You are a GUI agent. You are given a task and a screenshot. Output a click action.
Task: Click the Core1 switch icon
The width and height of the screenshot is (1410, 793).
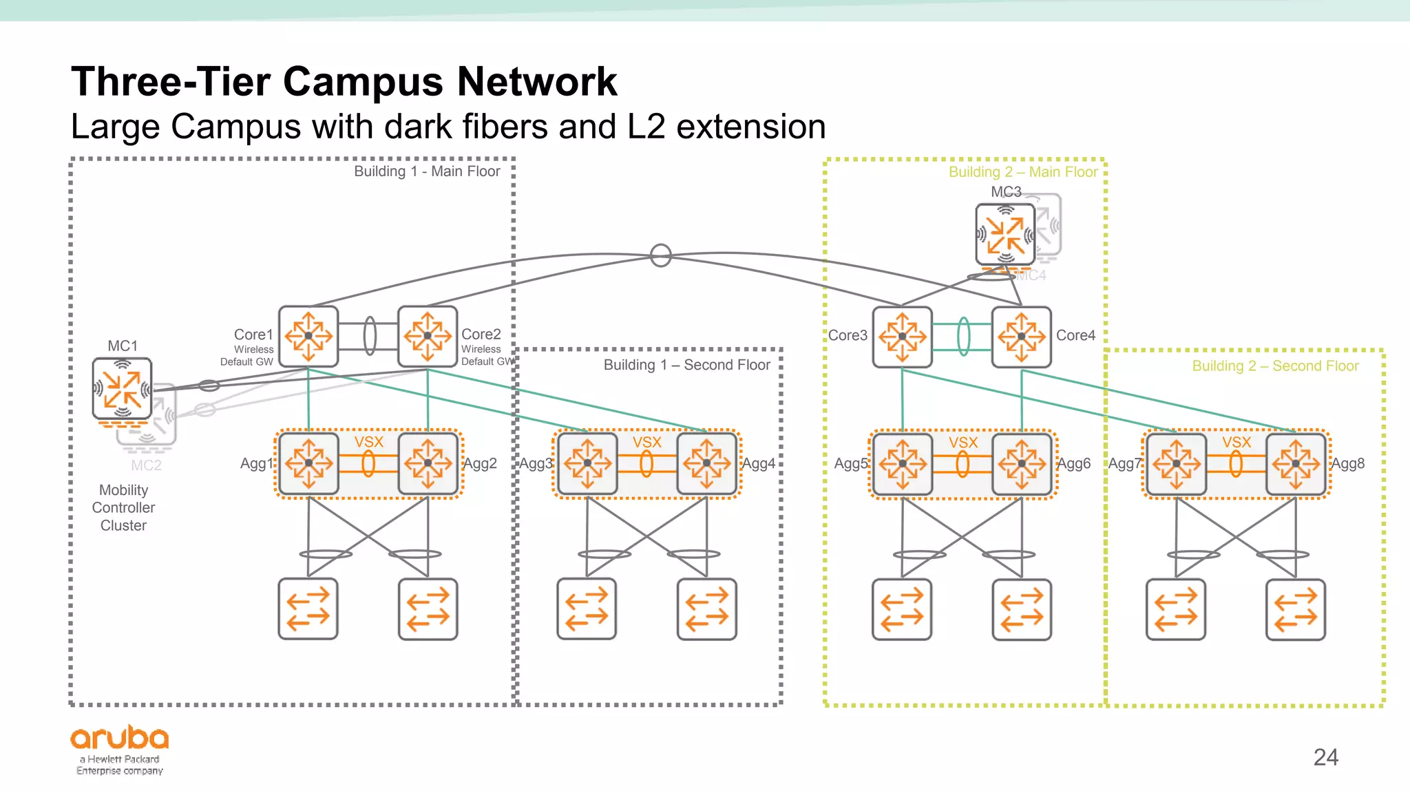[308, 337]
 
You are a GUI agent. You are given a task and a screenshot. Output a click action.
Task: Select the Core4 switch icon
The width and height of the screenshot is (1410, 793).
[1022, 337]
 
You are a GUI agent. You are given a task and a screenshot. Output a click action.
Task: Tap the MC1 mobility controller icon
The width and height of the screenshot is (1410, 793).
[123, 389]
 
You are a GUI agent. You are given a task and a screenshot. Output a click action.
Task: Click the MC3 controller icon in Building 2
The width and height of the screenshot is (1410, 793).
[1006, 234]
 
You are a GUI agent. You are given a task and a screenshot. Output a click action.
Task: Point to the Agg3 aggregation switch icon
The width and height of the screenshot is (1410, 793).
[587, 463]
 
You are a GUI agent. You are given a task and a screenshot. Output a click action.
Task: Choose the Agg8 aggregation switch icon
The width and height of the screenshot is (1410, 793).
[1296, 463]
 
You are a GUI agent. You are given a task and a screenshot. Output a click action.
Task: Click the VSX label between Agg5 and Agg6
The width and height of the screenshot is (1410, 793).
[963, 443]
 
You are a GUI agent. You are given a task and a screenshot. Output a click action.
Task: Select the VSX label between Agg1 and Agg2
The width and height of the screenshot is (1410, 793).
[369, 442]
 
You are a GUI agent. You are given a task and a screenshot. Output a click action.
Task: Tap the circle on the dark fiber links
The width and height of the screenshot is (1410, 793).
[661, 255]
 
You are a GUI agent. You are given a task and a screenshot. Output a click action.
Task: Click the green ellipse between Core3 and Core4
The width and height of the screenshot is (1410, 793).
[963, 337]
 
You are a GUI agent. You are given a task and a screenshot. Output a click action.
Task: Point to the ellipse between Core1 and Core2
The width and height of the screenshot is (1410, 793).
[370, 336]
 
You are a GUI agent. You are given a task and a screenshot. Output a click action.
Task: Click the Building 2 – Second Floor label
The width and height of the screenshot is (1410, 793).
[1275, 366]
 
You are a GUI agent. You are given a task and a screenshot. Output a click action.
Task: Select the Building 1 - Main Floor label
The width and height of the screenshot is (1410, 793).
[427, 171]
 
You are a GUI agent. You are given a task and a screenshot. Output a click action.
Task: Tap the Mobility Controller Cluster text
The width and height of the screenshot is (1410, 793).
[123, 507]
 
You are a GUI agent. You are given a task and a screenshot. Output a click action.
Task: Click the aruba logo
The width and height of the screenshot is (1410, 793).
[120, 739]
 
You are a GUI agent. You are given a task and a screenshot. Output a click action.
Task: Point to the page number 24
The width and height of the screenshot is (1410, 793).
[1325, 757]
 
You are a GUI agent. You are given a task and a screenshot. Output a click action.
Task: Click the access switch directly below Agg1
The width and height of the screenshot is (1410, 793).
[308, 609]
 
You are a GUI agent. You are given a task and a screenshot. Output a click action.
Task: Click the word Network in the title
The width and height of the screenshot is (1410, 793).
[537, 82]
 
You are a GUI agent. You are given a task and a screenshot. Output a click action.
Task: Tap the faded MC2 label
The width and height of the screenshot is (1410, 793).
[146, 465]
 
